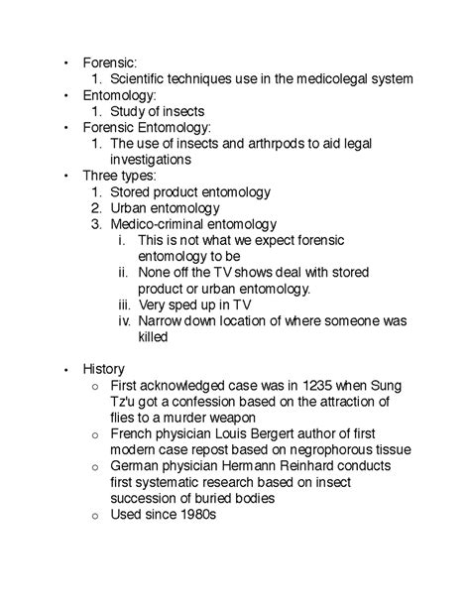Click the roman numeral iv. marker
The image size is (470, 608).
click(x=123, y=320)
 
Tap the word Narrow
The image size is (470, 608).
click(x=162, y=320)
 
